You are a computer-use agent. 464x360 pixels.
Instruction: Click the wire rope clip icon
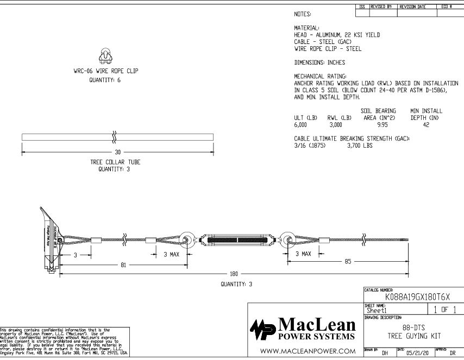click(x=106, y=54)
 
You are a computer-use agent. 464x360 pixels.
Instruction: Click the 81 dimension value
click(x=123, y=266)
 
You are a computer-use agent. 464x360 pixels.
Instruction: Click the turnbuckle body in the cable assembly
click(x=235, y=239)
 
